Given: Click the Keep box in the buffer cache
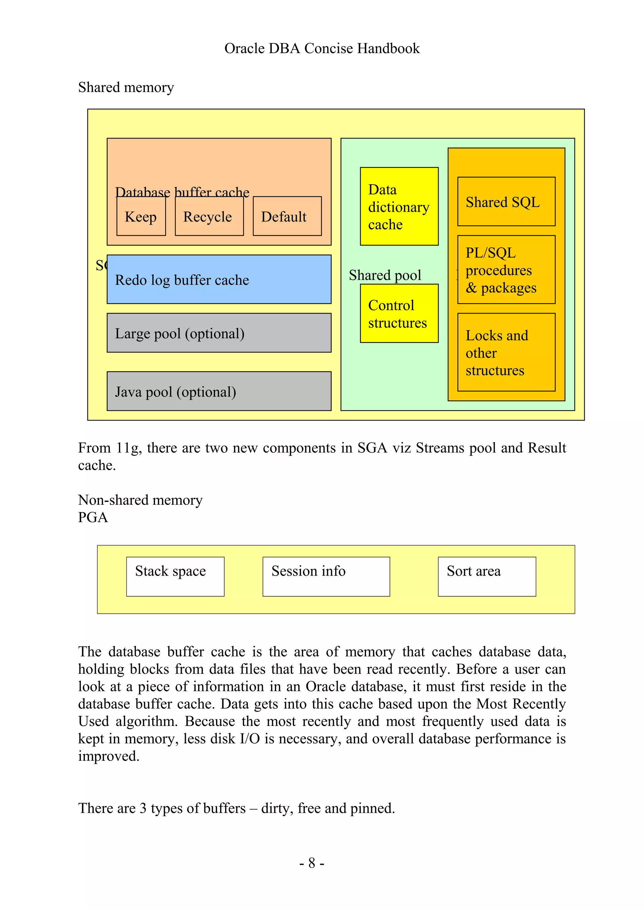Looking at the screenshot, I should (x=141, y=216).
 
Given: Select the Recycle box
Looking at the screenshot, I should (x=209, y=216).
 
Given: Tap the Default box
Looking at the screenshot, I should (x=287, y=216).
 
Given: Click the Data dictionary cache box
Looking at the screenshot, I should (x=399, y=207).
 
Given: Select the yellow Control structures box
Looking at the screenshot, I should (x=399, y=313).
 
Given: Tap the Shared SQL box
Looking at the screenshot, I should (x=506, y=202).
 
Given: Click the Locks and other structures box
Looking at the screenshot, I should (x=506, y=352).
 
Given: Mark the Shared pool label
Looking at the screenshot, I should (x=385, y=275).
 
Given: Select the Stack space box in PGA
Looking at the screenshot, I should (x=175, y=577).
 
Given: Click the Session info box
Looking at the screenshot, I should (x=326, y=577).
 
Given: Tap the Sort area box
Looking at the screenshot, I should (x=486, y=577).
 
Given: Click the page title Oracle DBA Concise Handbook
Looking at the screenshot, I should (x=322, y=48).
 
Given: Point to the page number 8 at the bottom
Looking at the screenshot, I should (x=312, y=863).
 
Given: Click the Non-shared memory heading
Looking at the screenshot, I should (x=140, y=500).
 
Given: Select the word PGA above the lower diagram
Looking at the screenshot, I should (x=93, y=517).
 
